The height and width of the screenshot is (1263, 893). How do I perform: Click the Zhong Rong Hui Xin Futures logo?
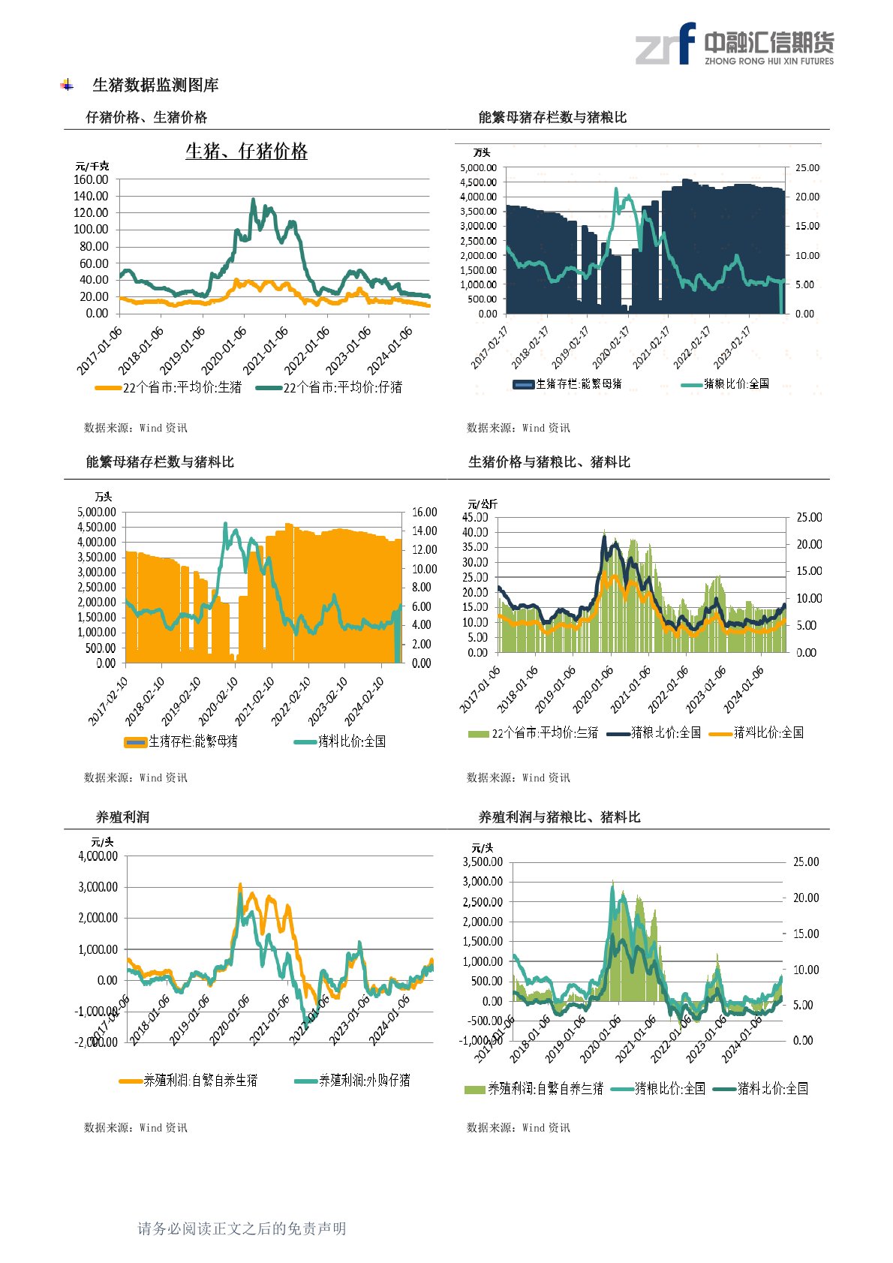point(734,44)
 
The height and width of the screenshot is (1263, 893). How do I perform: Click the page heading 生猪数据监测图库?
point(155,86)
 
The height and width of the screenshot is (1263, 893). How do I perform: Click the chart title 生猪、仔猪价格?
point(246,152)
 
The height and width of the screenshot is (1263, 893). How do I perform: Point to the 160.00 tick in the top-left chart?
point(91,180)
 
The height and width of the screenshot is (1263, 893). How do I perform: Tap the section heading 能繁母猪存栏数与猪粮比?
point(552,117)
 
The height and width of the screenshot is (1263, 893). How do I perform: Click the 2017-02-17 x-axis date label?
point(489,347)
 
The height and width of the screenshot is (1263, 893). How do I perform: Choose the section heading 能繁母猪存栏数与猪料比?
point(160,462)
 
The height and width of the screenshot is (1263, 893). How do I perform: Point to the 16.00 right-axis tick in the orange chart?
point(425,513)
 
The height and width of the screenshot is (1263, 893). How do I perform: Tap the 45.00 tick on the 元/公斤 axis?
point(474,518)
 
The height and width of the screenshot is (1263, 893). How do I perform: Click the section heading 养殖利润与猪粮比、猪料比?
point(559,816)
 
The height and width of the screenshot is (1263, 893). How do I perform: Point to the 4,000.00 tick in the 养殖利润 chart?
point(98,856)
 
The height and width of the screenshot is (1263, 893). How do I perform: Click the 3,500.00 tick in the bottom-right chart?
point(483,862)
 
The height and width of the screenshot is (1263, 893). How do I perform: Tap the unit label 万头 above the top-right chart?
point(482,152)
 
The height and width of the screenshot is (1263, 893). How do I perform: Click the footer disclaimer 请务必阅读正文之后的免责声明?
point(242,1228)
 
